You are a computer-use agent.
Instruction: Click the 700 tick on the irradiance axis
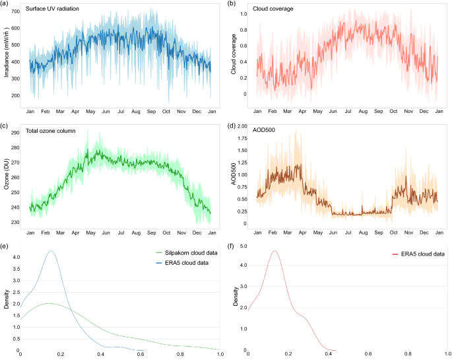(15, 13)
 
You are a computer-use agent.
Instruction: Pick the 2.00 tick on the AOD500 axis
(241, 126)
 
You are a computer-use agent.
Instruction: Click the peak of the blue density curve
(50, 251)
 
